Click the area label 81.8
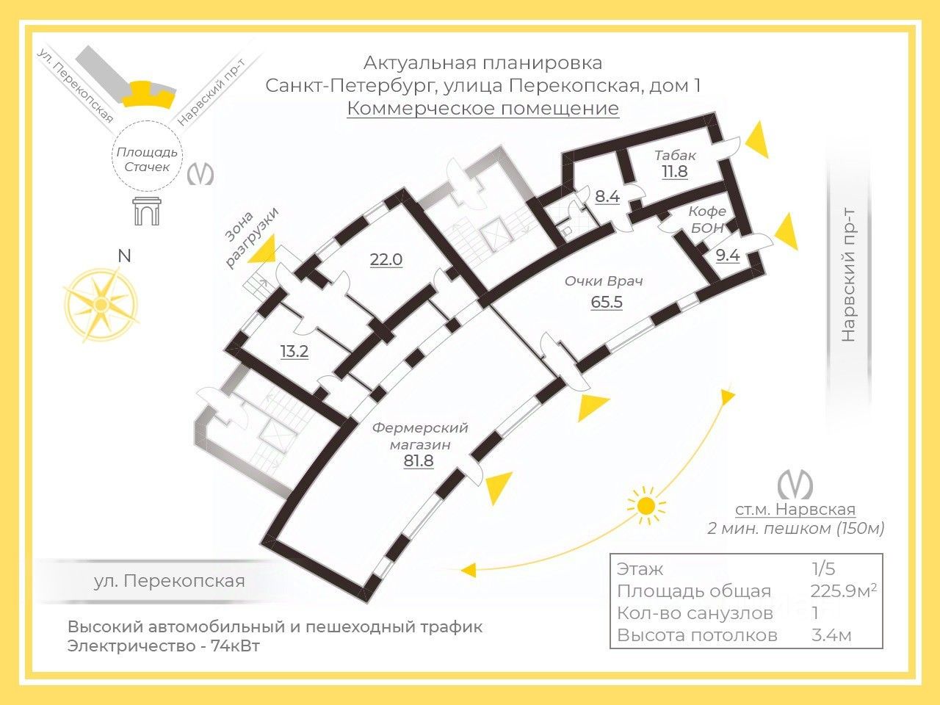click(x=419, y=461)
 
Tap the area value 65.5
click(x=607, y=301)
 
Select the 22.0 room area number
click(x=386, y=259)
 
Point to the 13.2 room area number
click(x=294, y=351)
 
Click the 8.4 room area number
click(x=607, y=196)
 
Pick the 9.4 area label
click(x=727, y=255)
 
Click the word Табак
click(x=675, y=156)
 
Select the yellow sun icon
click(x=646, y=506)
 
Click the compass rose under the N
click(x=101, y=305)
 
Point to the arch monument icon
click(x=146, y=211)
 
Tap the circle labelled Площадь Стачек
click(x=147, y=159)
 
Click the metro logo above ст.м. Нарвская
click(x=795, y=485)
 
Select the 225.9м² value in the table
click(x=843, y=590)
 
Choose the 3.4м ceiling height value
click(x=831, y=634)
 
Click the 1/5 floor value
click(x=822, y=568)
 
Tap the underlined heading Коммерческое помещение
click(x=482, y=109)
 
